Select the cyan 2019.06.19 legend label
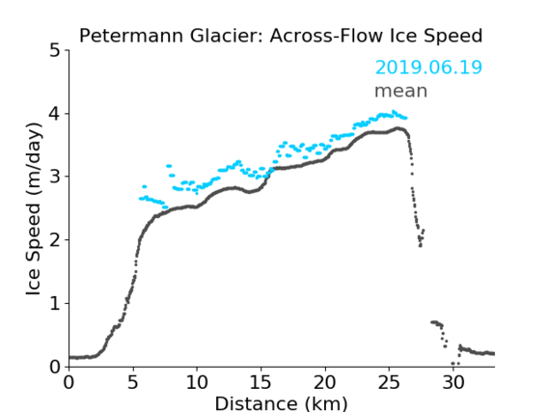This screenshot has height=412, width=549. click(x=428, y=68)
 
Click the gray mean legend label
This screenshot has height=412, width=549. click(x=401, y=91)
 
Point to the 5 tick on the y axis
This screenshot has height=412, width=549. click(x=55, y=50)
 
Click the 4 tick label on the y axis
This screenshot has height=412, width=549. click(x=55, y=114)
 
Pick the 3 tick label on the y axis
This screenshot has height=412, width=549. click(x=55, y=177)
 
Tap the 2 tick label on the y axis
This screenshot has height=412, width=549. click(x=55, y=240)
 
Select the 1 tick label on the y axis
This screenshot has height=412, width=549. click(x=55, y=304)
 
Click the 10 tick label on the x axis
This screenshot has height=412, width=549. click(x=197, y=383)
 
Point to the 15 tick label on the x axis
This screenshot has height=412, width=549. click(x=261, y=383)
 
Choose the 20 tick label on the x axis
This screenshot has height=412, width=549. click(x=325, y=383)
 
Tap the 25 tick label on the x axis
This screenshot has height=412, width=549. click(x=389, y=383)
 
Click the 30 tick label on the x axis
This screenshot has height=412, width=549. click(x=453, y=383)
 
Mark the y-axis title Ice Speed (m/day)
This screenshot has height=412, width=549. click(x=33, y=209)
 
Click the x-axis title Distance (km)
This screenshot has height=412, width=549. click(x=281, y=404)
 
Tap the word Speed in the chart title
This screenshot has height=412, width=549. click(x=453, y=37)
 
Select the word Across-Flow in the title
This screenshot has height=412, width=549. click(x=324, y=36)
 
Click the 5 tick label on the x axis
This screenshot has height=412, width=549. click(x=133, y=383)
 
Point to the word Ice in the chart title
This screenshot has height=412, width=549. click(x=400, y=36)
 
